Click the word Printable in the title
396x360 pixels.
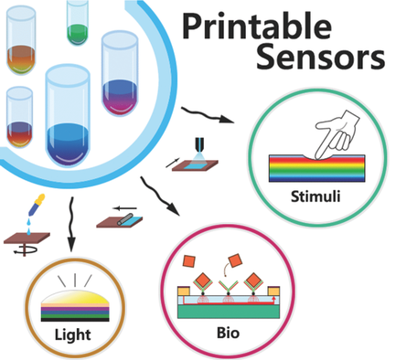pyautogui.click(x=278, y=24)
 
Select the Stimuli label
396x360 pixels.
pyautogui.click(x=316, y=195)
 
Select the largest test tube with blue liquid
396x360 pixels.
pyautogui.click(x=74, y=114)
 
